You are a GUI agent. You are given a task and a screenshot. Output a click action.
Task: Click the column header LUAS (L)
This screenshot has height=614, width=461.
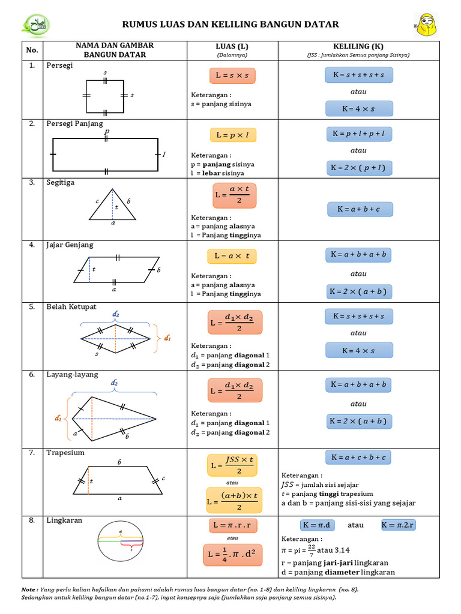click(x=232, y=46)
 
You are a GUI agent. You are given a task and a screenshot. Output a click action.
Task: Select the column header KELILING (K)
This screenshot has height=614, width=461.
click(x=358, y=46)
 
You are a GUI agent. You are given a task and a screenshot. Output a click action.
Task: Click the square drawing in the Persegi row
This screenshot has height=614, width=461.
click(x=106, y=95)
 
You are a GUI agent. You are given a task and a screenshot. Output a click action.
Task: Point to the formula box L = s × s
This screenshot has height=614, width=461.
click(x=232, y=76)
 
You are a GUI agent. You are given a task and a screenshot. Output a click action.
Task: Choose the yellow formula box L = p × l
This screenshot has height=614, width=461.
click(x=232, y=135)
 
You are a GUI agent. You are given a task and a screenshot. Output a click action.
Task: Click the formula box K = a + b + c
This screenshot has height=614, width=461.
click(x=360, y=209)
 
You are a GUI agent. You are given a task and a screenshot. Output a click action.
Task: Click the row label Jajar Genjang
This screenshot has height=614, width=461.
click(x=70, y=245)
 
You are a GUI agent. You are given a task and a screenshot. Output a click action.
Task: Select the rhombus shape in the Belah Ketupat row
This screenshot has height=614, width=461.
click(x=116, y=339)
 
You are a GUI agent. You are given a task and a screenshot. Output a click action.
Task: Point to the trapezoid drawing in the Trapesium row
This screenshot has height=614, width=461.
click(x=119, y=480)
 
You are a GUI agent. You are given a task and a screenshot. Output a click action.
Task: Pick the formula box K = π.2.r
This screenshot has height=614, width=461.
click(x=399, y=525)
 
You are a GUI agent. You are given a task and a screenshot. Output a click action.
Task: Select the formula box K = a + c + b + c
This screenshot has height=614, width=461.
click(x=358, y=457)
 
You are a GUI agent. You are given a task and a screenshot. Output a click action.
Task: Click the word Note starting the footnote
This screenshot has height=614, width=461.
click(x=29, y=589)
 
